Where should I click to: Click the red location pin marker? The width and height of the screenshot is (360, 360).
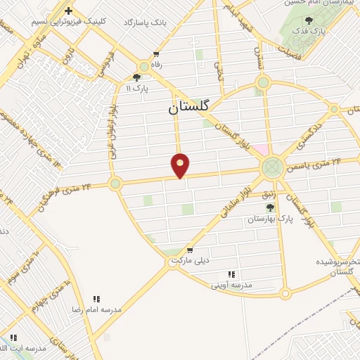181,165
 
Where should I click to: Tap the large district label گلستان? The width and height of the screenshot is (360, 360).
189,108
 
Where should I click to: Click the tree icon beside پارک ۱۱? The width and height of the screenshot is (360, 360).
137,78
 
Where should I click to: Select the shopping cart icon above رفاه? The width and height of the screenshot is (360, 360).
156,54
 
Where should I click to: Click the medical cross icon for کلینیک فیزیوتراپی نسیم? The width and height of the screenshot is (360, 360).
68,11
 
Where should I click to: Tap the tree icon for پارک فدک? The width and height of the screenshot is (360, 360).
309,21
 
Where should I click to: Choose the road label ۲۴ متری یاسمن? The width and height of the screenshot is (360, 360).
316,166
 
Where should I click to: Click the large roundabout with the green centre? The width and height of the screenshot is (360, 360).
271,168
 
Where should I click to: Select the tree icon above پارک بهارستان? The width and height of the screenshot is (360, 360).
269,207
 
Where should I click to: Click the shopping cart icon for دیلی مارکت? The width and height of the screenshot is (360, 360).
189,250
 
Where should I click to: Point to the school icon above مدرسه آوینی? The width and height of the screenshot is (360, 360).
231,274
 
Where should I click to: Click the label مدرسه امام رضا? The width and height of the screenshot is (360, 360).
96,309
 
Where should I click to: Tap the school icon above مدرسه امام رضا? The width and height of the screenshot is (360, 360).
96,299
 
